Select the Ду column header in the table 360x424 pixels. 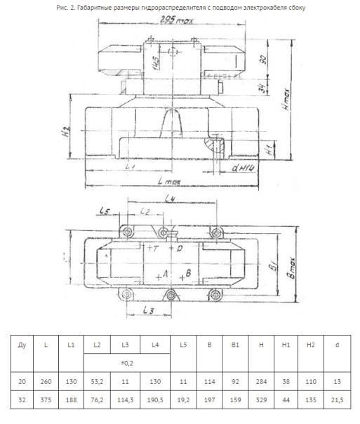coord(22,345)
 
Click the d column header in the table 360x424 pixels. coord(337,345)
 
